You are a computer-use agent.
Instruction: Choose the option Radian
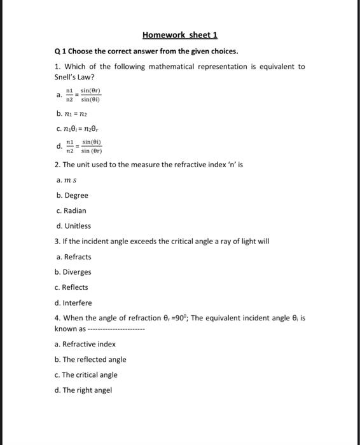tap(74, 210)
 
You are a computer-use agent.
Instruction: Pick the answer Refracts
tap(77, 257)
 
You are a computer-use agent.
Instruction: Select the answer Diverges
tap(77, 272)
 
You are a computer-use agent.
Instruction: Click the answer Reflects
tap(76, 287)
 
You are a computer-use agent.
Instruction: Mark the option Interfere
tap(77, 303)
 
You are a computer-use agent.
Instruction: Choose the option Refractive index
tap(89, 344)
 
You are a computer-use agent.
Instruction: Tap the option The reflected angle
tap(94, 359)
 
